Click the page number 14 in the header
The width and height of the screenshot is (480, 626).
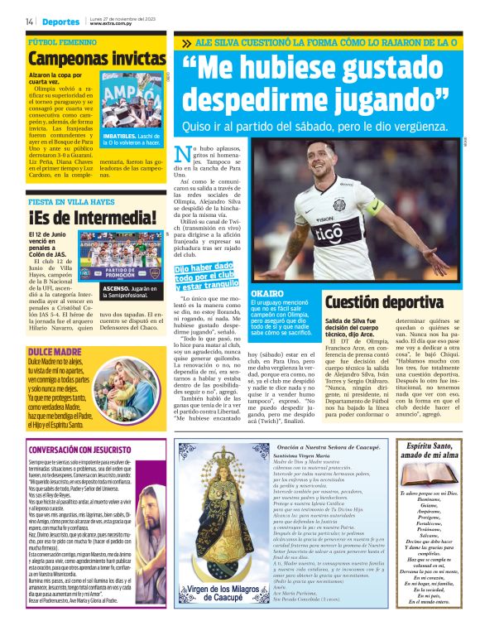pos(29,21)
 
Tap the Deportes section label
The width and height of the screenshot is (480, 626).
pos(62,21)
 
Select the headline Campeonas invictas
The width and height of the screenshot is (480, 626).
pos(97,59)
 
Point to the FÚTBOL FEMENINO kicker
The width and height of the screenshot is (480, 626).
pos(61,41)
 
